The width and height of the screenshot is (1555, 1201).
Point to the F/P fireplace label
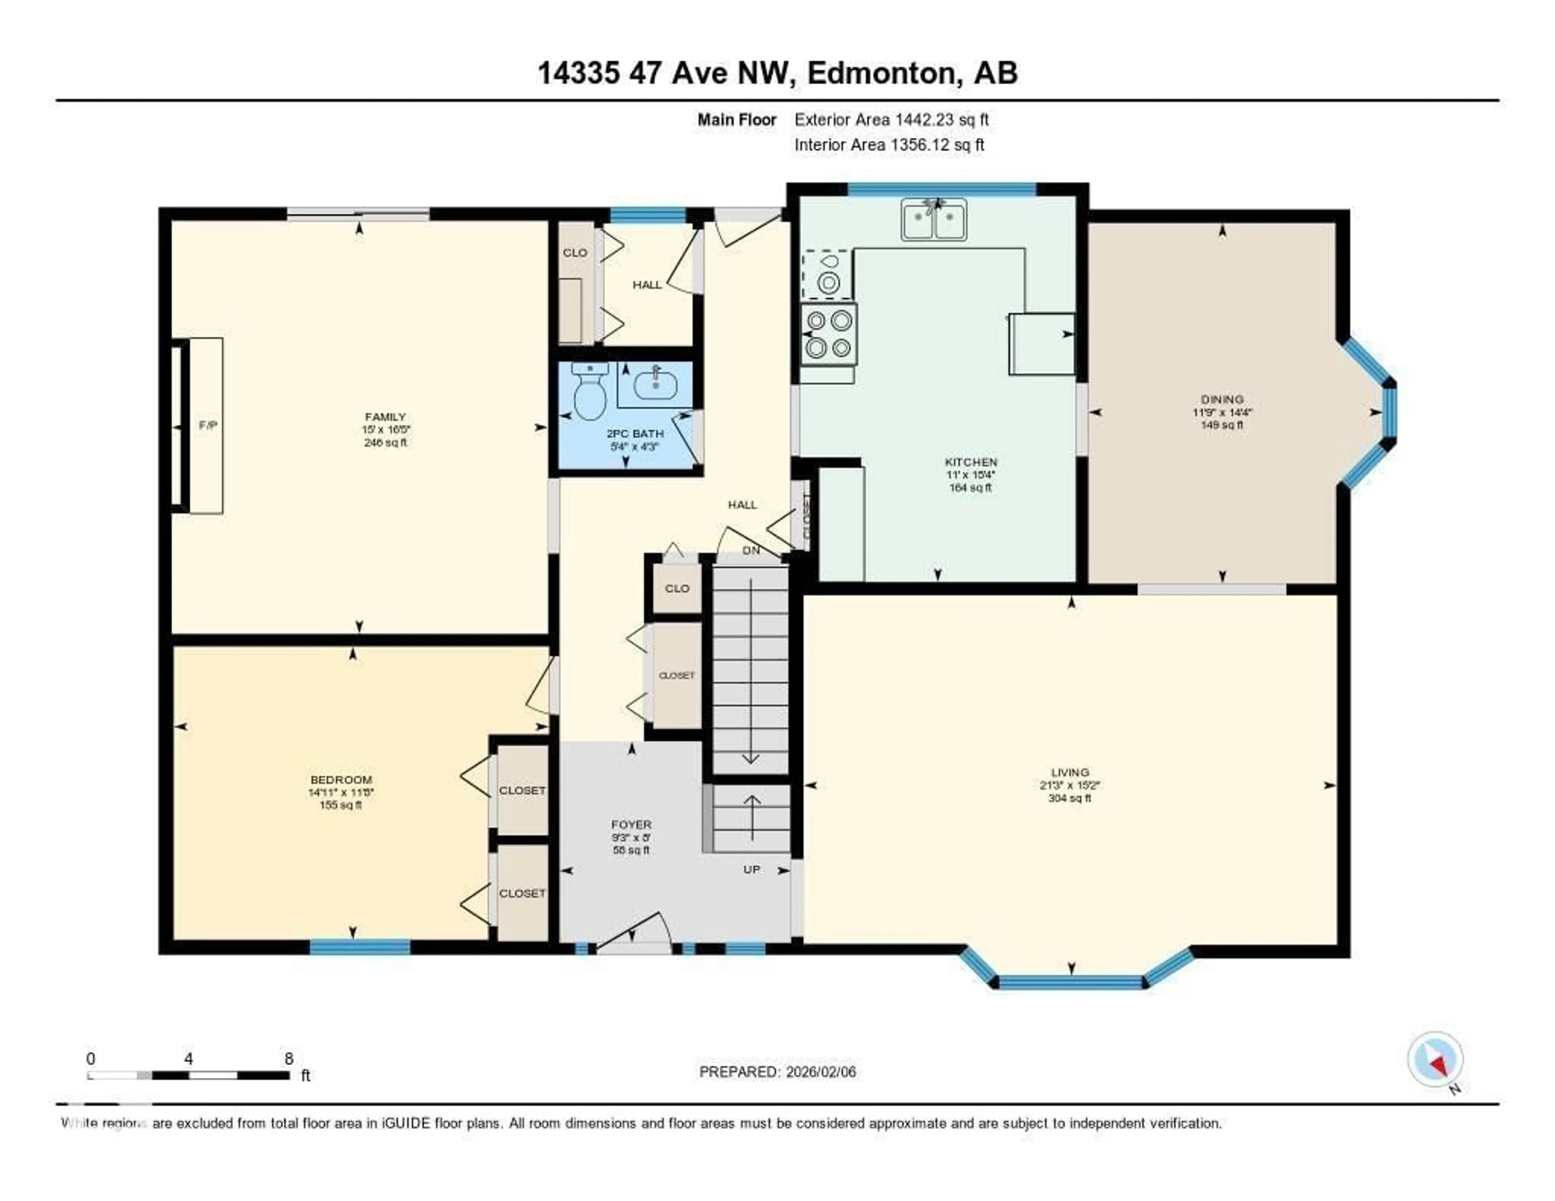pos(207,426)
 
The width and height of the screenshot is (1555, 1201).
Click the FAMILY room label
pos(385,417)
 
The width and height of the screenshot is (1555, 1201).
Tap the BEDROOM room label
pos(341,779)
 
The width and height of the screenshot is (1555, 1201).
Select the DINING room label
pos(1222,399)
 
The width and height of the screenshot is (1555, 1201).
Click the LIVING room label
pos(1069,772)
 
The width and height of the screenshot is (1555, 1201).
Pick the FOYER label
pos(631,824)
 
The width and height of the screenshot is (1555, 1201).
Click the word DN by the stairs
pos(751,550)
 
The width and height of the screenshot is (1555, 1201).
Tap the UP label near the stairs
pos(752,869)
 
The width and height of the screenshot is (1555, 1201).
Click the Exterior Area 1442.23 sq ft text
pos(891,119)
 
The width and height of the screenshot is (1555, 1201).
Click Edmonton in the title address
pos(881,73)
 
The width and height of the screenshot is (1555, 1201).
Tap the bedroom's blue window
pos(360,947)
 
